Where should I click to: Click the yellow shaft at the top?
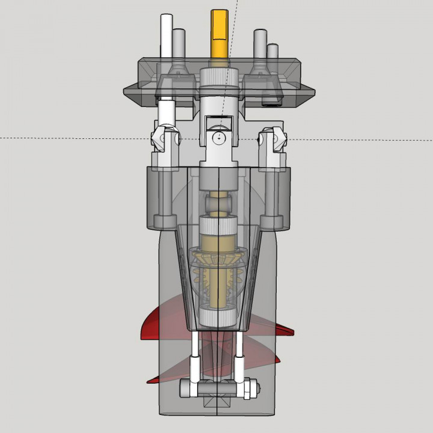click(220, 33)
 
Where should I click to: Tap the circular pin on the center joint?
click(220, 138)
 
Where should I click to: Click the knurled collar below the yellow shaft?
click(220, 78)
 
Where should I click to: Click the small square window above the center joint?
click(219, 124)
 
